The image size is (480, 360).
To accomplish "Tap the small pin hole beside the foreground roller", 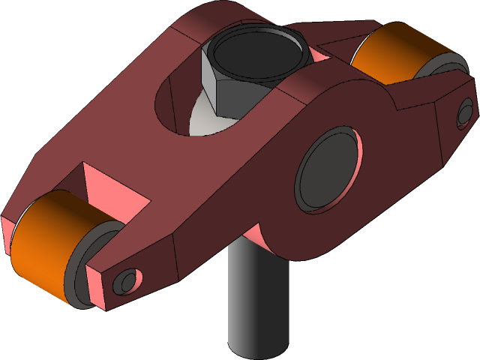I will pos(125,281).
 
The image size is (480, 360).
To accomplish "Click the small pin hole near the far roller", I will pos(464,113).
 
